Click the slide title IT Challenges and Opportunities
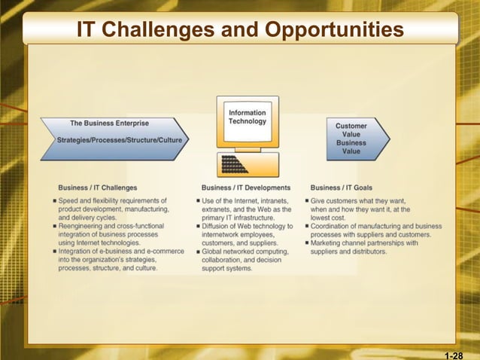(240, 29)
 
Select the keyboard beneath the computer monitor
(248, 164)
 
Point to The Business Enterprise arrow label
(109, 124)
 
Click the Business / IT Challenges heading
(98, 188)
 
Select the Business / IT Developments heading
(246, 188)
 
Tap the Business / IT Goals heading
(341, 188)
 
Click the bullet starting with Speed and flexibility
(113, 209)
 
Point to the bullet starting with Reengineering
(113, 234)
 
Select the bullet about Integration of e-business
(117, 259)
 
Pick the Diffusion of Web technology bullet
(246, 234)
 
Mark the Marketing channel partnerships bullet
(365, 247)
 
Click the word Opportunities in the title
(334, 29)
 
